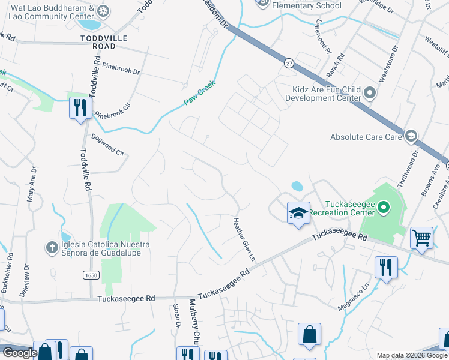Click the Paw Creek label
point(199,94)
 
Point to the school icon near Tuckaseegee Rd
point(298,213)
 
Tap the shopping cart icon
point(421,238)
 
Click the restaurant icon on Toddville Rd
point(80,108)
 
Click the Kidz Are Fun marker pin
point(369,94)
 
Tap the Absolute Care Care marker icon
point(411,137)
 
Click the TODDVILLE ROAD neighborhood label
point(106,41)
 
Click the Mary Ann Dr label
point(32,184)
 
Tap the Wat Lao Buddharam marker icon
point(103,10)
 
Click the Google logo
point(20,353)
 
